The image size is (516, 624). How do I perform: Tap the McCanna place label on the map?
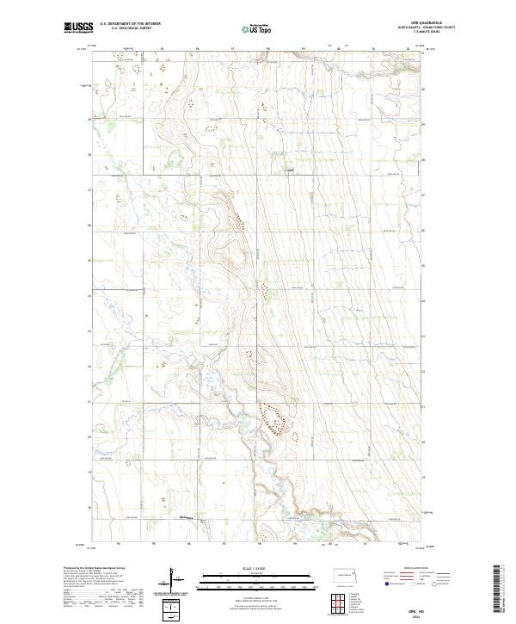[x=185, y=516]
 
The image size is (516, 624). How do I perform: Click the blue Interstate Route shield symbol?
[x=387, y=584]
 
